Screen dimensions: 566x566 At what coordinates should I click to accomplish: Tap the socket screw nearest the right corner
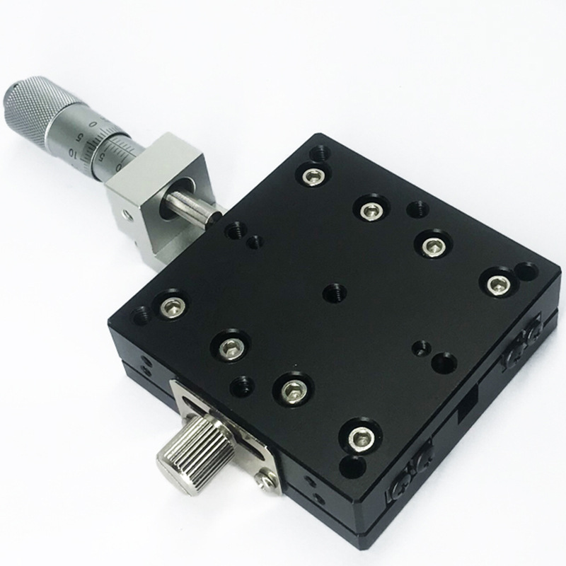(x=495, y=282)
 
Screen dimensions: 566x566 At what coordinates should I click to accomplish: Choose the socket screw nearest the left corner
(x=171, y=306)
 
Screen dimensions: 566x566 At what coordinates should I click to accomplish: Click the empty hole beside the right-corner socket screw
(x=526, y=271)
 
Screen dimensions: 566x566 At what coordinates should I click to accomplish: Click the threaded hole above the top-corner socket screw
(x=320, y=151)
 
